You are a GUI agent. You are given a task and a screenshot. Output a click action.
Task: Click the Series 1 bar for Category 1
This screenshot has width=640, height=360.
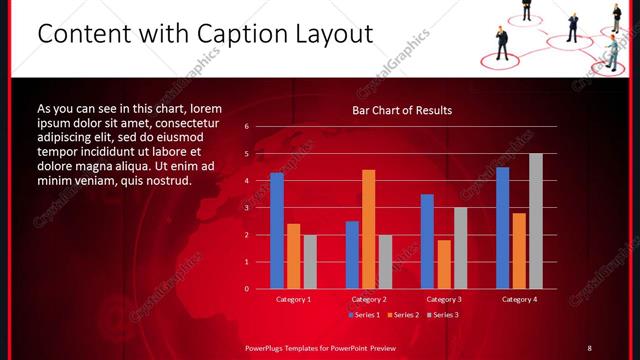coord(277,231)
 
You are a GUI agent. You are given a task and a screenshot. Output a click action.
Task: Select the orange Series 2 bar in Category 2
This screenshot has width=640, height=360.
coord(369,229)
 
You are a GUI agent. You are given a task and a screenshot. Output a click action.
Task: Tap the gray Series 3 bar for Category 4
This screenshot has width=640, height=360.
coord(536,221)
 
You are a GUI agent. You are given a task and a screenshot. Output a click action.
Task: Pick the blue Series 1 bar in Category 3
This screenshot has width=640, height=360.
coord(427,241)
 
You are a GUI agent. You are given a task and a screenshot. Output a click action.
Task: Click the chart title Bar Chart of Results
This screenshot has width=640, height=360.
coord(402,110)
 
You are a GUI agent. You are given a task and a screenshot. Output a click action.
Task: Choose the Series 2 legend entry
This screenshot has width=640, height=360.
coord(402,315)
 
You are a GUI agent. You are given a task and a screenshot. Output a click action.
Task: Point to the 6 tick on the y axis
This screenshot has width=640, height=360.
coord(246,127)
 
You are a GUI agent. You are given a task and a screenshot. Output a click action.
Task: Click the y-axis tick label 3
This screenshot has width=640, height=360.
coord(246,208)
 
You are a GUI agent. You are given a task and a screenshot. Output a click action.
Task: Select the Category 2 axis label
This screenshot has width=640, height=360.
coord(369,299)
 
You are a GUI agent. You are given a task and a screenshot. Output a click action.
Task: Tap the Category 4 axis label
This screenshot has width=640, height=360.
coord(519,299)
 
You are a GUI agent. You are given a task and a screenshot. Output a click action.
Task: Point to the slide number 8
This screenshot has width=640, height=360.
coord(589,347)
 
